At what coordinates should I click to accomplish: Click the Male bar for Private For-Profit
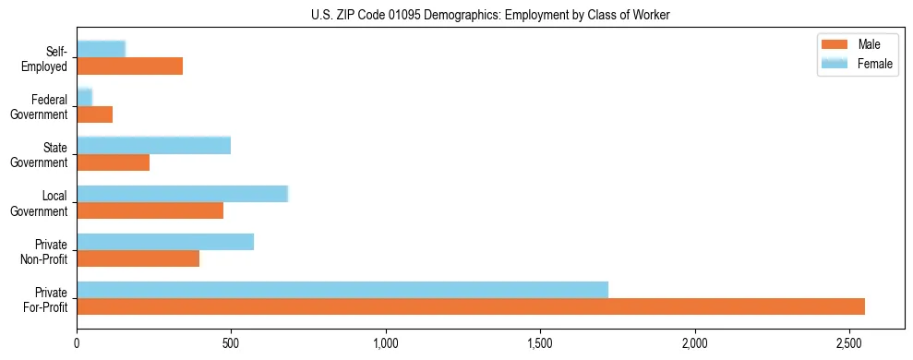(471, 306)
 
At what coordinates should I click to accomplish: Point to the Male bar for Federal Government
(95, 114)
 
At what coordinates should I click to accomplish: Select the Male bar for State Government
(114, 162)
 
